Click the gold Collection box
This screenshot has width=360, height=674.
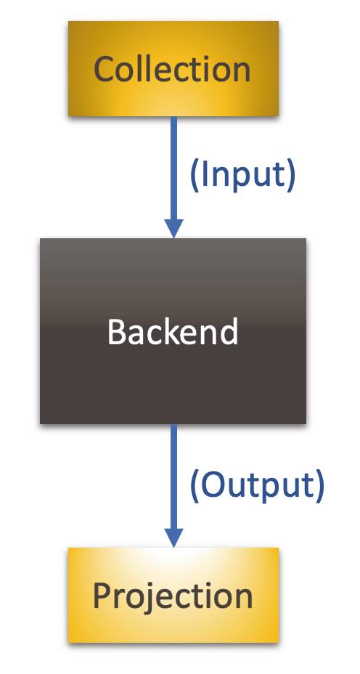[173, 69]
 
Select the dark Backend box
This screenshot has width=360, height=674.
[173, 331]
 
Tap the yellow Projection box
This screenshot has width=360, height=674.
[173, 595]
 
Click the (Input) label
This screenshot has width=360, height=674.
[242, 174]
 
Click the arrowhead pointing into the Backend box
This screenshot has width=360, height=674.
[173, 228]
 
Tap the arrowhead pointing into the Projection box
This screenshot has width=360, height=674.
[173, 537]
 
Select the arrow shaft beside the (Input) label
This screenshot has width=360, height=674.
[173, 168]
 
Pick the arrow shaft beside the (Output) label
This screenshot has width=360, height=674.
[173, 476]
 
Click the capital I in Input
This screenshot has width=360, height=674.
[204, 174]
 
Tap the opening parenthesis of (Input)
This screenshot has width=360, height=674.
[194, 175]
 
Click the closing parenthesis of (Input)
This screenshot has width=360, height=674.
[292, 175]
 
